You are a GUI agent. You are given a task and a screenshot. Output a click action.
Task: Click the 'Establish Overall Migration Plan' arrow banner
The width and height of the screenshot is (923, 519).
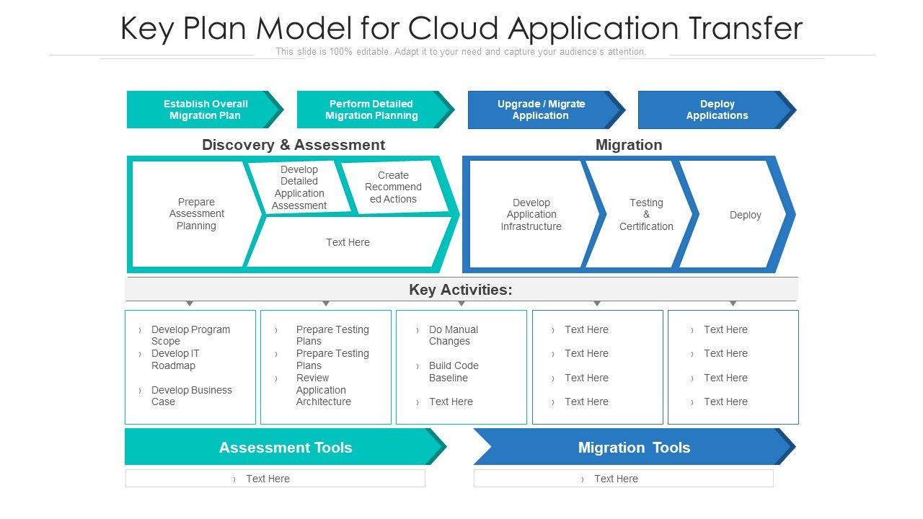pyautogui.click(x=205, y=110)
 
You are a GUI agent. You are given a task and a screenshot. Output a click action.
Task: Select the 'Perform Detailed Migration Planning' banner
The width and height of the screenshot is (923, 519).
pyautogui.click(x=371, y=110)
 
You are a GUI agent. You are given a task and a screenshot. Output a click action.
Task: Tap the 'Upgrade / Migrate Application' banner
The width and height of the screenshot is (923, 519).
pyautogui.click(x=541, y=110)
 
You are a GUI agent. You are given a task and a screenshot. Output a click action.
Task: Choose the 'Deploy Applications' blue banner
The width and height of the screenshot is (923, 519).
pyautogui.click(x=717, y=110)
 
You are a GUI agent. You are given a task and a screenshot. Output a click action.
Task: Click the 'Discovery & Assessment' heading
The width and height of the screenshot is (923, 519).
pyautogui.click(x=293, y=145)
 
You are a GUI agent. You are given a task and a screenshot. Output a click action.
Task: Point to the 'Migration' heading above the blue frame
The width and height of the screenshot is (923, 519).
pyautogui.click(x=629, y=145)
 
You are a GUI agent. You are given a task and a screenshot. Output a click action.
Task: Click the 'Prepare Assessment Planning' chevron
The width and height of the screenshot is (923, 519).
pyautogui.click(x=196, y=214)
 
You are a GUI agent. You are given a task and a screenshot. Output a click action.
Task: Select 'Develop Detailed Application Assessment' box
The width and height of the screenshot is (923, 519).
pyautogui.click(x=299, y=188)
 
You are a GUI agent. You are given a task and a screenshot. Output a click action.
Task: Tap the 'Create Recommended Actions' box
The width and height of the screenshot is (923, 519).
pyautogui.click(x=393, y=187)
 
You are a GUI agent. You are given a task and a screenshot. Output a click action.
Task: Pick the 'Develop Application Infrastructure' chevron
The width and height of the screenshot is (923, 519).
pyautogui.click(x=531, y=215)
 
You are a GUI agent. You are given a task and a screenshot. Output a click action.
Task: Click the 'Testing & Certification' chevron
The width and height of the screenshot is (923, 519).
pyautogui.click(x=646, y=215)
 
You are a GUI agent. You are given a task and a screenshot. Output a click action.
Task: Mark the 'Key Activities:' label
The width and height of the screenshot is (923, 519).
pyautogui.click(x=461, y=290)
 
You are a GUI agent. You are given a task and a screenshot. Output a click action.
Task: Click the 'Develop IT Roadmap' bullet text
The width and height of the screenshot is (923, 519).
pyautogui.click(x=175, y=360)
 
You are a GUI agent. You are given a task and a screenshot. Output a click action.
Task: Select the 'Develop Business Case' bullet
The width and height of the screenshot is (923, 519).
pyautogui.click(x=191, y=396)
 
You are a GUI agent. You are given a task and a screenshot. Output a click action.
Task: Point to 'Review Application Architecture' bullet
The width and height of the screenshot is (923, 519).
pyautogui.click(x=323, y=390)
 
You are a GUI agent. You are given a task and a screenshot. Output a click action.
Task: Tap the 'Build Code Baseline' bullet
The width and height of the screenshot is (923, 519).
pyautogui.click(x=454, y=372)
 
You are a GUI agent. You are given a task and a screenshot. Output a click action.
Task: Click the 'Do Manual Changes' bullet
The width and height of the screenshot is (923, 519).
pyautogui.click(x=453, y=335)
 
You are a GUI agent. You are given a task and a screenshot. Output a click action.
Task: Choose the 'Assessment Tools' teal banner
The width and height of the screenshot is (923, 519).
pyautogui.click(x=286, y=448)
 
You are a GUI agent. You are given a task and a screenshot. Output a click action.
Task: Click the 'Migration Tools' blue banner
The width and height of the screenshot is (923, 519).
pyautogui.click(x=634, y=448)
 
